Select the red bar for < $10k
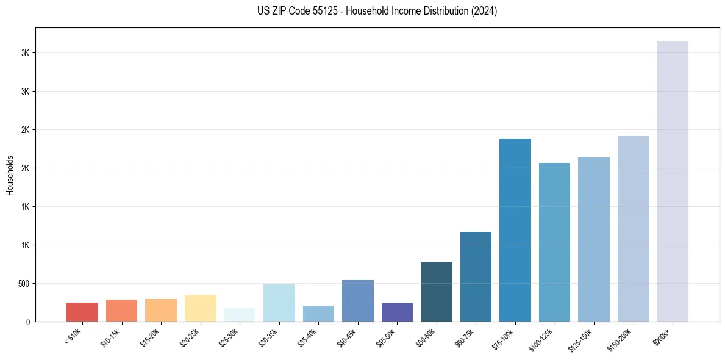[x=82, y=312]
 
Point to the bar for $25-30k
[x=240, y=315]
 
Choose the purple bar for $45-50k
[x=397, y=312]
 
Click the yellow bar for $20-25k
[x=201, y=308]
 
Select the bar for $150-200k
[x=633, y=229]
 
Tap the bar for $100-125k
[x=554, y=242]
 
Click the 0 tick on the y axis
[x=27, y=322]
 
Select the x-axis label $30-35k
[x=268, y=337]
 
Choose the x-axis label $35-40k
[x=307, y=337]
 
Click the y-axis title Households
[x=10, y=175]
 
